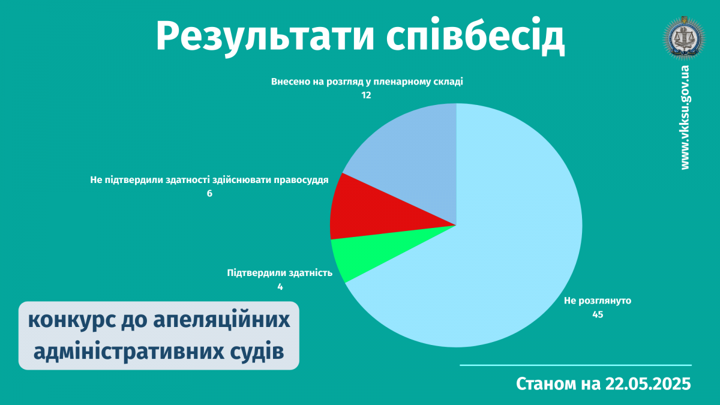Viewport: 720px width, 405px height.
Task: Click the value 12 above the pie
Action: tap(366, 95)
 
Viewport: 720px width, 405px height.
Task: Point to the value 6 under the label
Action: tap(209, 193)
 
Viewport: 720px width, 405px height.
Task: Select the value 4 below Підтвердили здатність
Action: tap(280, 287)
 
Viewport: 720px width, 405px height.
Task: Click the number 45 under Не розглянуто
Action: tap(598, 314)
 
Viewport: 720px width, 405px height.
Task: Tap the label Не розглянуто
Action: tap(598, 301)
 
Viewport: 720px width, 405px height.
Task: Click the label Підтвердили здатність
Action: tap(280, 273)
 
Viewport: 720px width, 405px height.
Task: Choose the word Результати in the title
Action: tap(265, 37)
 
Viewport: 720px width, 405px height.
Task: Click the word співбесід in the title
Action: tap(475, 36)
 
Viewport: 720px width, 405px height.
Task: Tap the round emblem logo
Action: tap(685, 38)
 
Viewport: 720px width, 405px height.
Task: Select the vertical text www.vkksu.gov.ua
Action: tap(685, 118)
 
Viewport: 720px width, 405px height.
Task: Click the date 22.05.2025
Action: tap(648, 384)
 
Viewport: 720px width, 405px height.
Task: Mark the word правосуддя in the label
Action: tap(301, 180)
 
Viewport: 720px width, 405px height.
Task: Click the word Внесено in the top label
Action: tap(287, 82)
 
